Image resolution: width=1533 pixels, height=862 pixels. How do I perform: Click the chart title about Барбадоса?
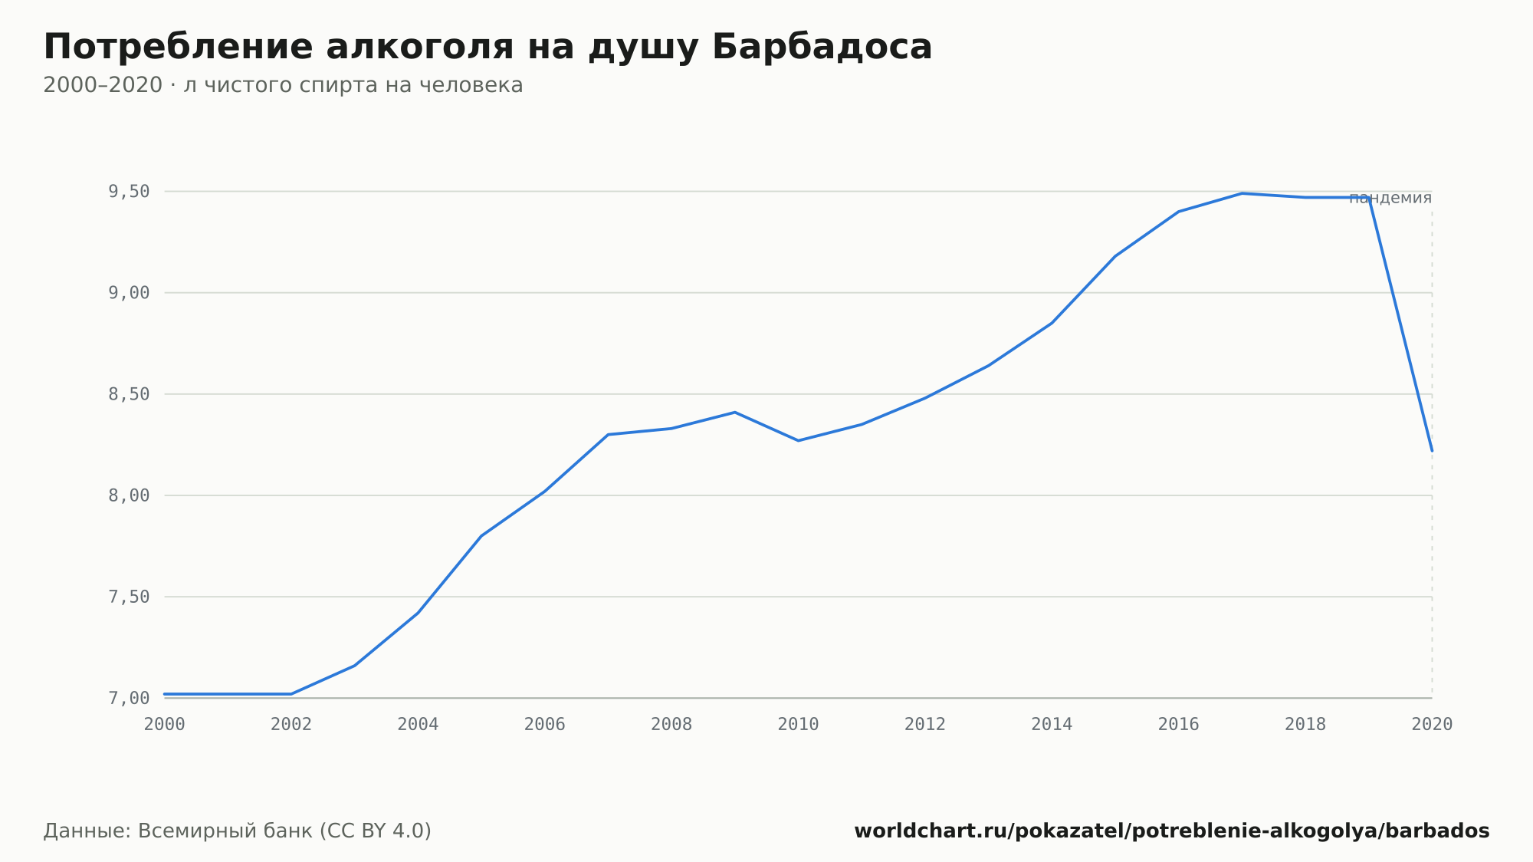[x=487, y=48]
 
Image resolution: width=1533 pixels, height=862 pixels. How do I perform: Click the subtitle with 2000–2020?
[x=283, y=85]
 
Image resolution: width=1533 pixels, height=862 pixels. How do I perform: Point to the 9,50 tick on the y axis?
[x=130, y=192]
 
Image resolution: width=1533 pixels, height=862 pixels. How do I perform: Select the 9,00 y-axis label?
[x=130, y=293]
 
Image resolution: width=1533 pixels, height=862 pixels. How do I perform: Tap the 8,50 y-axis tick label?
[x=130, y=394]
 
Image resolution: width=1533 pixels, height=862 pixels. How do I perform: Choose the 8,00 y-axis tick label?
[x=130, y=495]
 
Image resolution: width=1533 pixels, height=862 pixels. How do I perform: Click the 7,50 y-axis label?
[x=130, y=597]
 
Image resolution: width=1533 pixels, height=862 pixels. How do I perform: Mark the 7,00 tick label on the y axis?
[x=130, y=698]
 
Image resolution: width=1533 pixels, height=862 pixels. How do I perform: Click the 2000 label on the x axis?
[x=165, y=725]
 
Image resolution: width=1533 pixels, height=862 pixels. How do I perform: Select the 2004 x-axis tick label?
[x=418, y=725]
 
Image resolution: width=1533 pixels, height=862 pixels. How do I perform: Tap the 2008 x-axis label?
[x=671, y=725]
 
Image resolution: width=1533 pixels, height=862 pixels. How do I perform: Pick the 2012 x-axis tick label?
[x=925, y=725]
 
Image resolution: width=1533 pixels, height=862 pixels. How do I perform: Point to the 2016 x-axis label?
[x=1179, y=725]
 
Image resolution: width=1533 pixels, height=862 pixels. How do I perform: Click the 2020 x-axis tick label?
[x=1432, y=725]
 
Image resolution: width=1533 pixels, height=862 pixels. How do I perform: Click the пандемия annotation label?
[x=1390, y=198]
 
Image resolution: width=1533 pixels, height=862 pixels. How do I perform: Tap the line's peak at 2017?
[x=1242, y=193]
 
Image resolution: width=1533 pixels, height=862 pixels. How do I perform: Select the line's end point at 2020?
[x=1432, y=451]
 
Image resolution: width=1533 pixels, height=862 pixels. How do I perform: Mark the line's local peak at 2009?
[x=735, y=413]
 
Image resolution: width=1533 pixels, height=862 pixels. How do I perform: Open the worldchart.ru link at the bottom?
[x=1172, y=831]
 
